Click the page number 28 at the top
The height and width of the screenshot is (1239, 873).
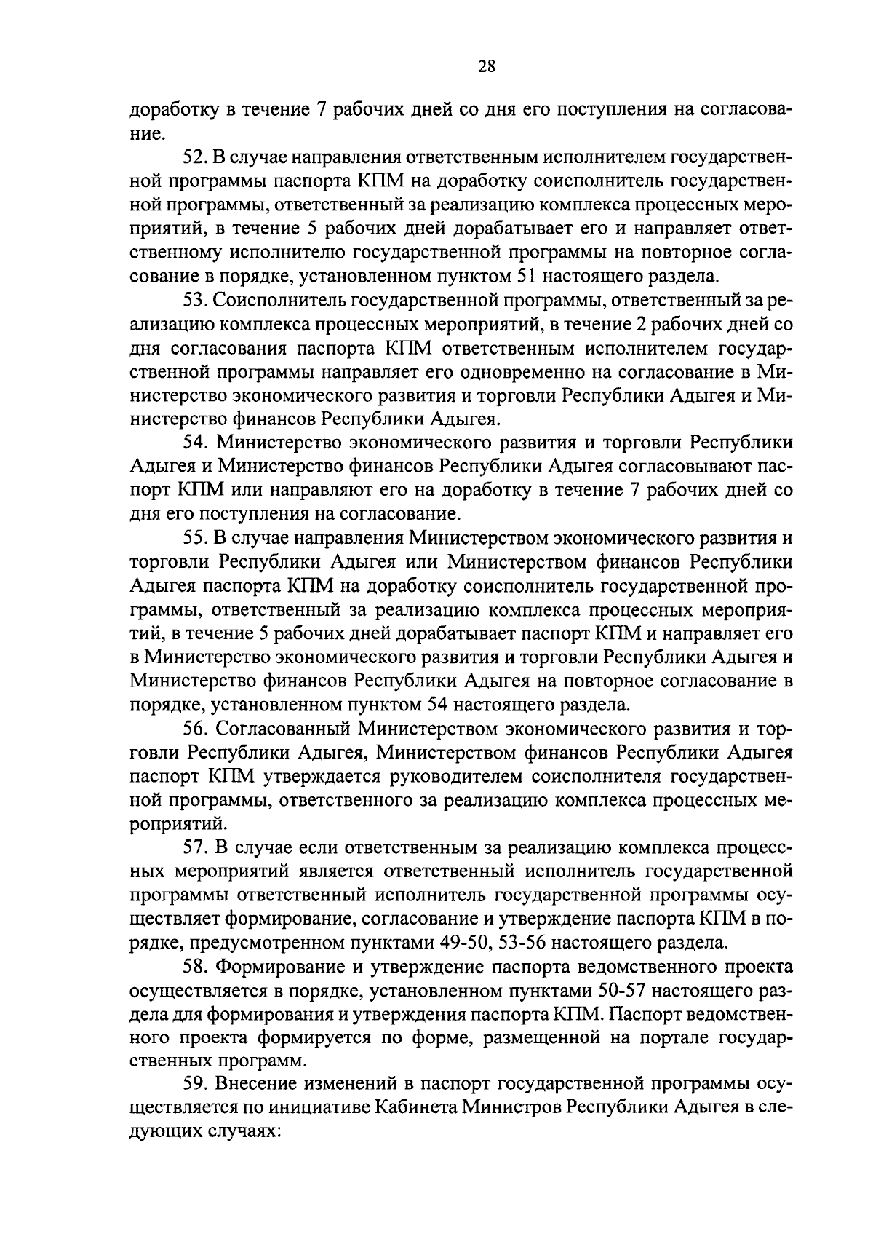point(487,67)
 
